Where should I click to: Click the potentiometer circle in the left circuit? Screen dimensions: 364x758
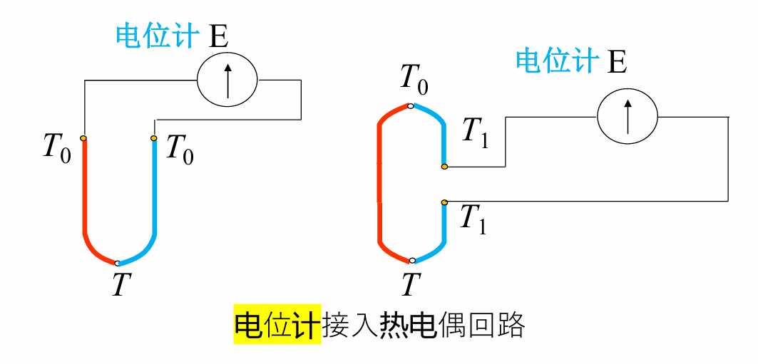[227, 80]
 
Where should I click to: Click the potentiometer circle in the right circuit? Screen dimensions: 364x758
[627, 116]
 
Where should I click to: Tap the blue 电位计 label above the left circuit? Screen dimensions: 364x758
[157, 36]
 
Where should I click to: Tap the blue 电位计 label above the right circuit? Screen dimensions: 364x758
[557, 61]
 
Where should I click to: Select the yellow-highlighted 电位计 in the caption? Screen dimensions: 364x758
[277, 326]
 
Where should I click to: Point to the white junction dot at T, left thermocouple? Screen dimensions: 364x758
[118, 264]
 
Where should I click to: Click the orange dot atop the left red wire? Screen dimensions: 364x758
[83, 138]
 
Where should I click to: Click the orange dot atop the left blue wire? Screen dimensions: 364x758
[154, 138]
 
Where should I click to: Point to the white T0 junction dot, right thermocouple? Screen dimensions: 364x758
[410, 106]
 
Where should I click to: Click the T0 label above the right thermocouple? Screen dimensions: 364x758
[414, 78]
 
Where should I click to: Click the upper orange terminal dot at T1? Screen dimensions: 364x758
[444, 167]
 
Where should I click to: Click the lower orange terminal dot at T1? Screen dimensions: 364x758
[444, 202]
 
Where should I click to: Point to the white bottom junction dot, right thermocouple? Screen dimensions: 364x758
[412, 261]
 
